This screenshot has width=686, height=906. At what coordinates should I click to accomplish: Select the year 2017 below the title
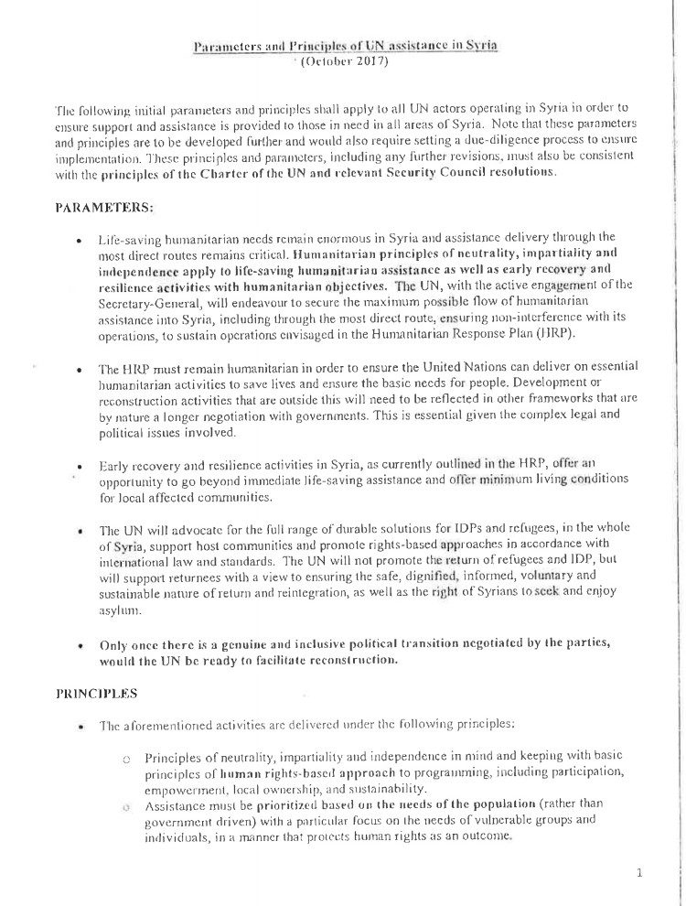pos(369,62)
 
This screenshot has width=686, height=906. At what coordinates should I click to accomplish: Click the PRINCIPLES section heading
pos(97,693)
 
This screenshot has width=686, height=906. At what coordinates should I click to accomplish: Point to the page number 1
pos(638,873)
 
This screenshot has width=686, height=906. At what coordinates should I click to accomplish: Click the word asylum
pos(119,609)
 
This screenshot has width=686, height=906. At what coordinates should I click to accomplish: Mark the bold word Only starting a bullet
pos(115,644)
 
